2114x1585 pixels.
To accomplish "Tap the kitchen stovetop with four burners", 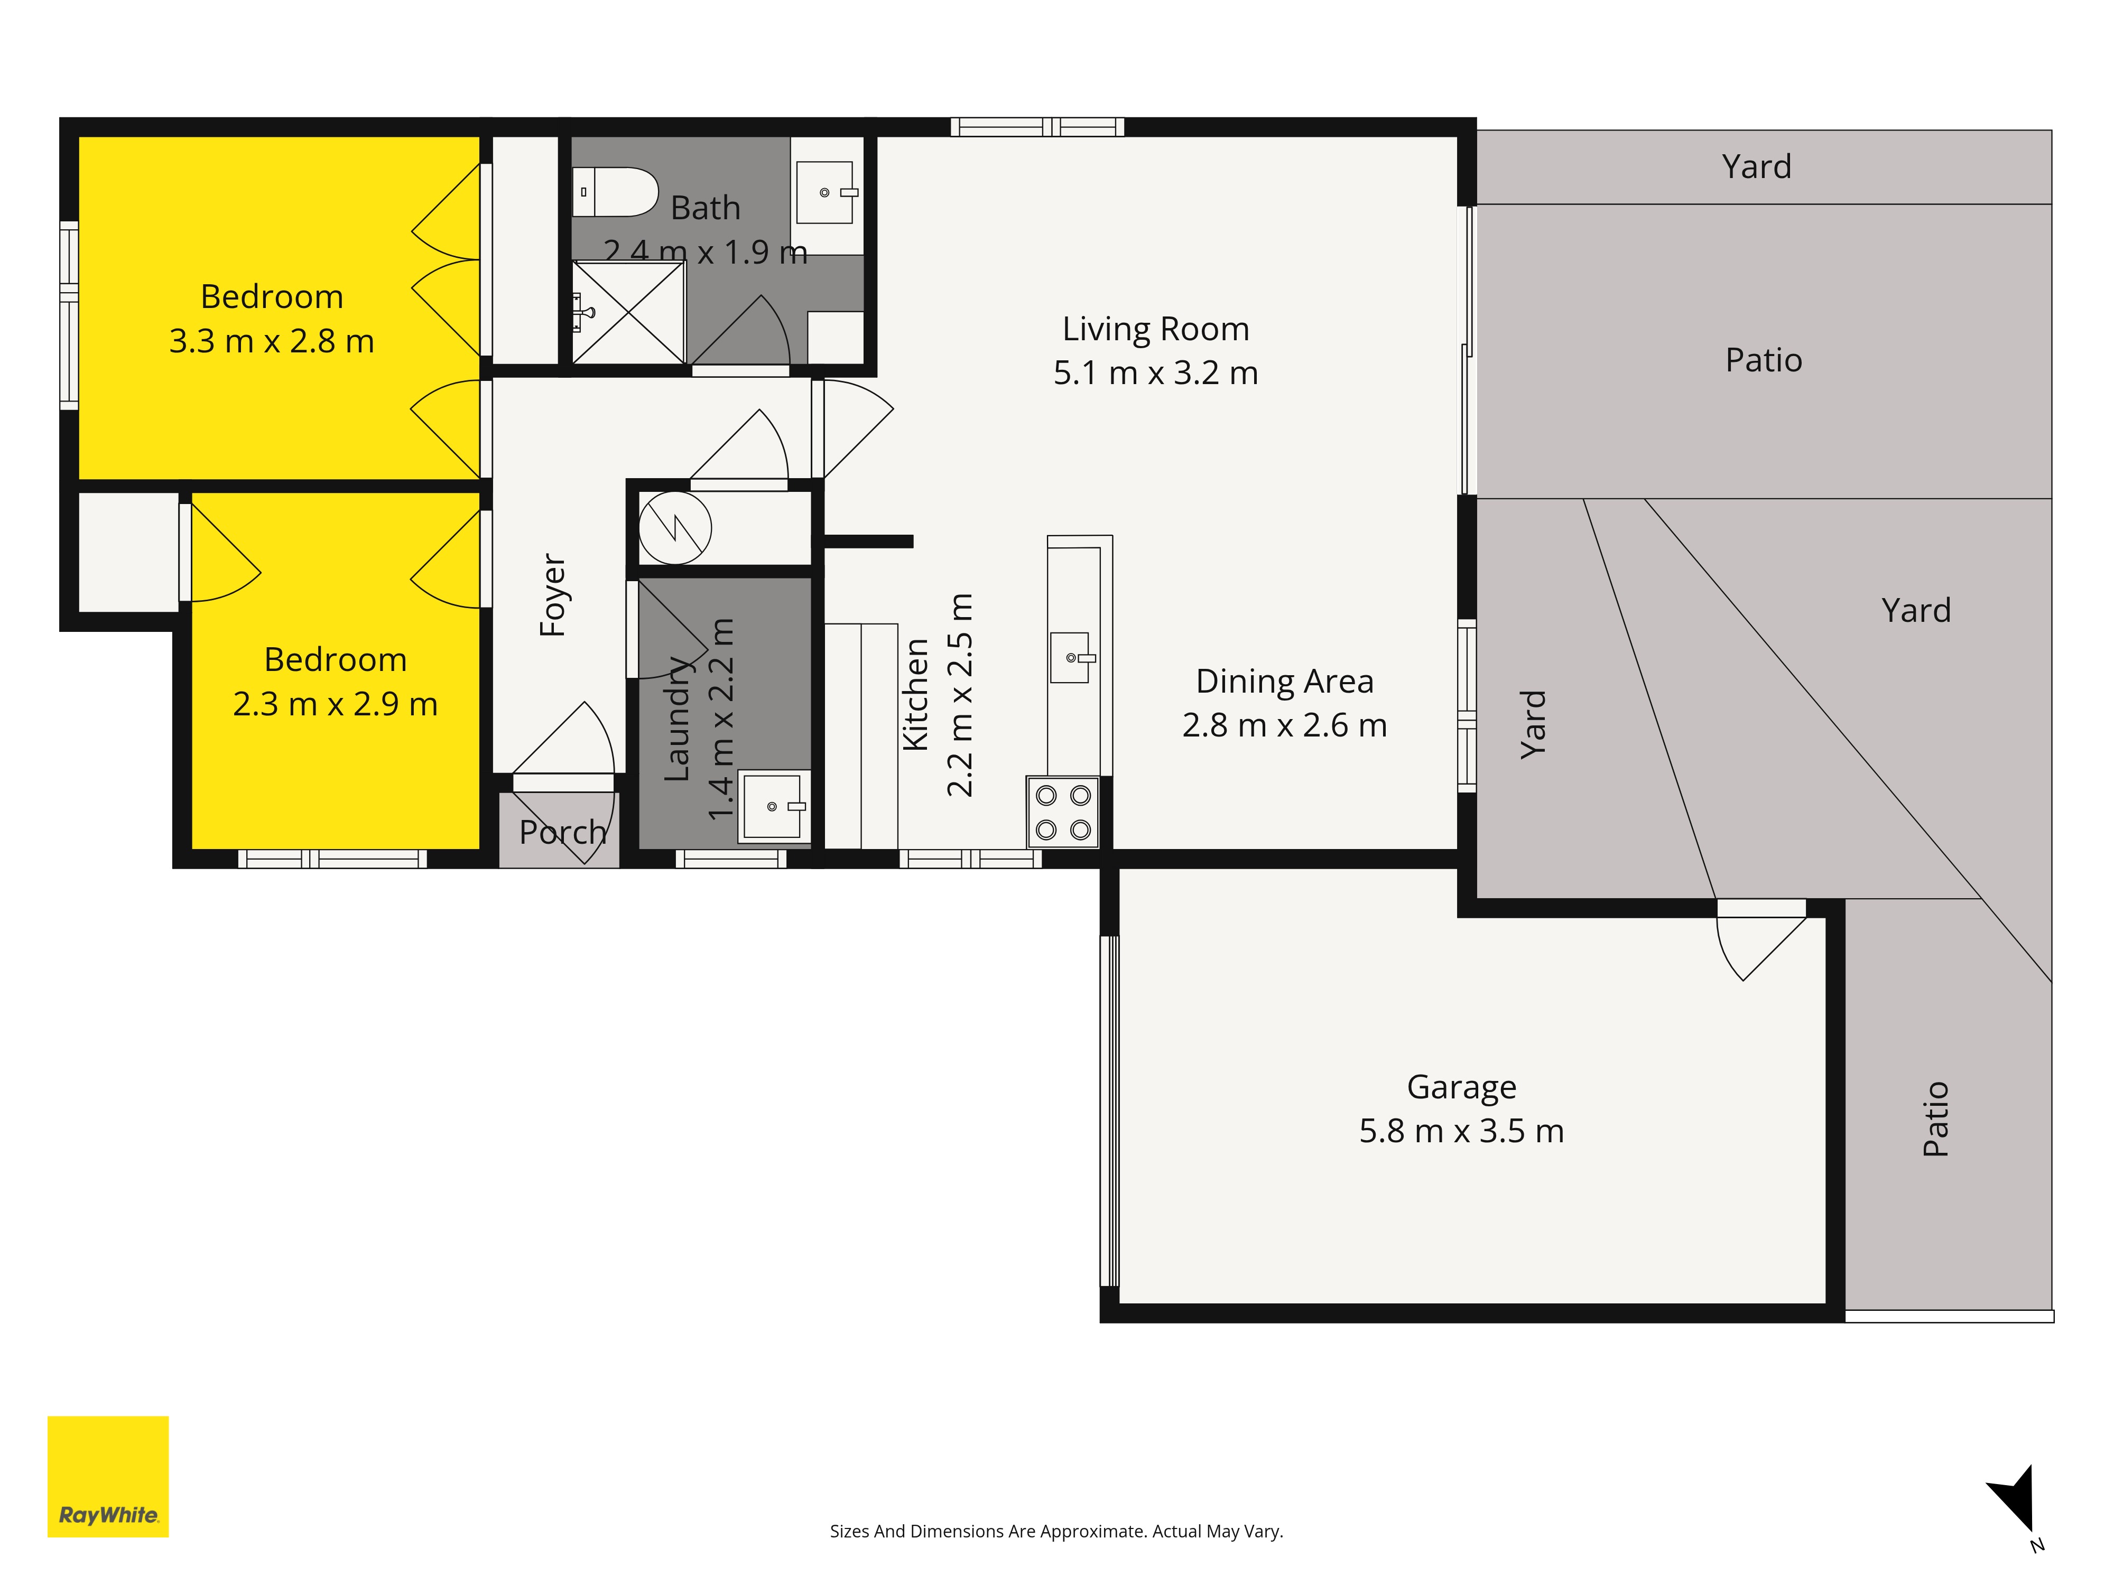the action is [x=1063, y=812].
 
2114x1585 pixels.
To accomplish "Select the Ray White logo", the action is [x=108, y=1476].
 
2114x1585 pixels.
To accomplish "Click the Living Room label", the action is [x=1155, y=329].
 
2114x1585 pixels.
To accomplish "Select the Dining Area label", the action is [x=1284, y=681].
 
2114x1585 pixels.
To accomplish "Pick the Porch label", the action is [x=563, y=832].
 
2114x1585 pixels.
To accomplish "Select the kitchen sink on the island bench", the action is [x=1070, y=657].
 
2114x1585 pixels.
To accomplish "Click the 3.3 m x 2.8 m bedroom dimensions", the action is [x=272, y=341].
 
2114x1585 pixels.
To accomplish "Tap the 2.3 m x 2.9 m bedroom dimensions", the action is [x=336, y=704].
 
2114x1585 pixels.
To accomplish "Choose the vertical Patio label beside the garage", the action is [x=1935, y=1119].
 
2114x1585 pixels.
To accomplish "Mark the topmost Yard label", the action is [x=1757, y=166].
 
